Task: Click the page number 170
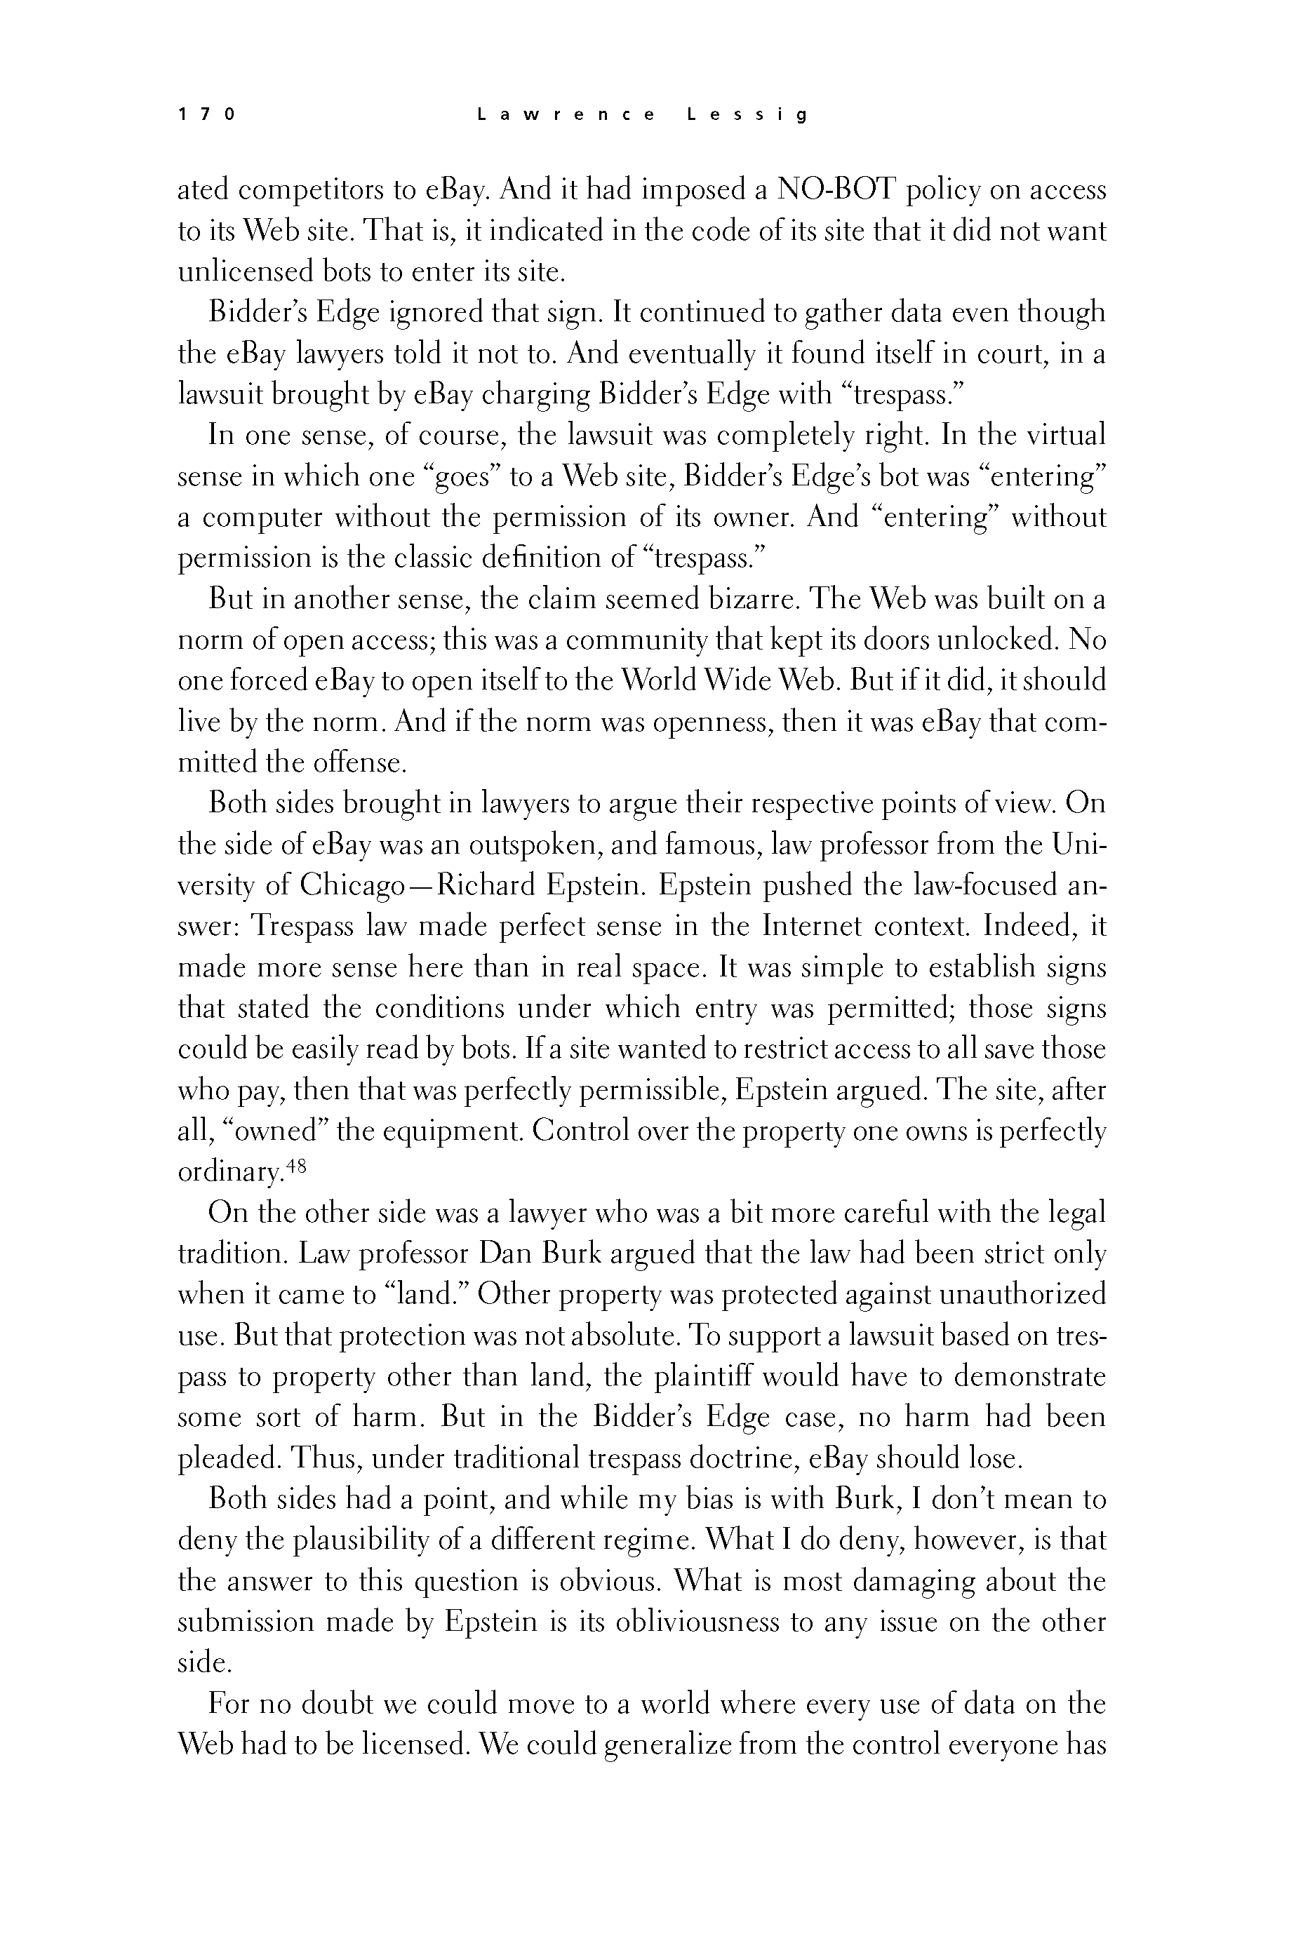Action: tap(206, 115)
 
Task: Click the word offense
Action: tap(361, 763)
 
